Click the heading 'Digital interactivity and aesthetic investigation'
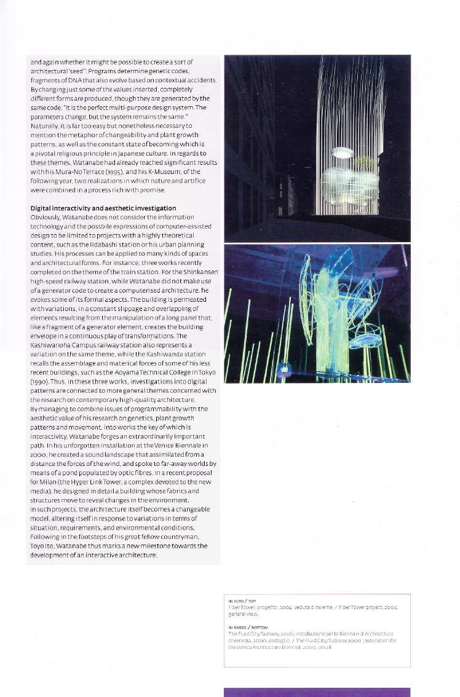click(103, 208)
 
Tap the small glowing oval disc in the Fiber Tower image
click(342, 152)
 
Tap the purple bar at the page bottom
click(317, 692)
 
